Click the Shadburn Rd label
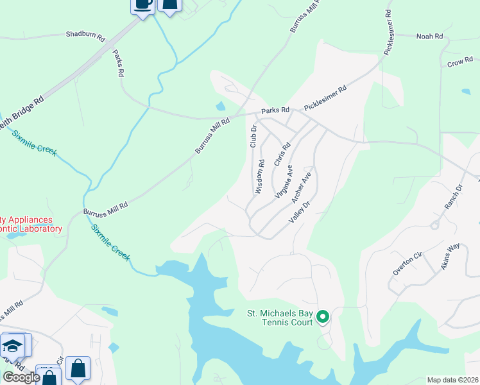click(85, 36)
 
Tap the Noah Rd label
click(430, 37)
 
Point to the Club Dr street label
click(253, 136)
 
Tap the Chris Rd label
click(278, 155)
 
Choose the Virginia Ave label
click(284, 181)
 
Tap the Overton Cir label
click(407, 264)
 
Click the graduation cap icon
click(12, 345)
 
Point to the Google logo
click(21, 377)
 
